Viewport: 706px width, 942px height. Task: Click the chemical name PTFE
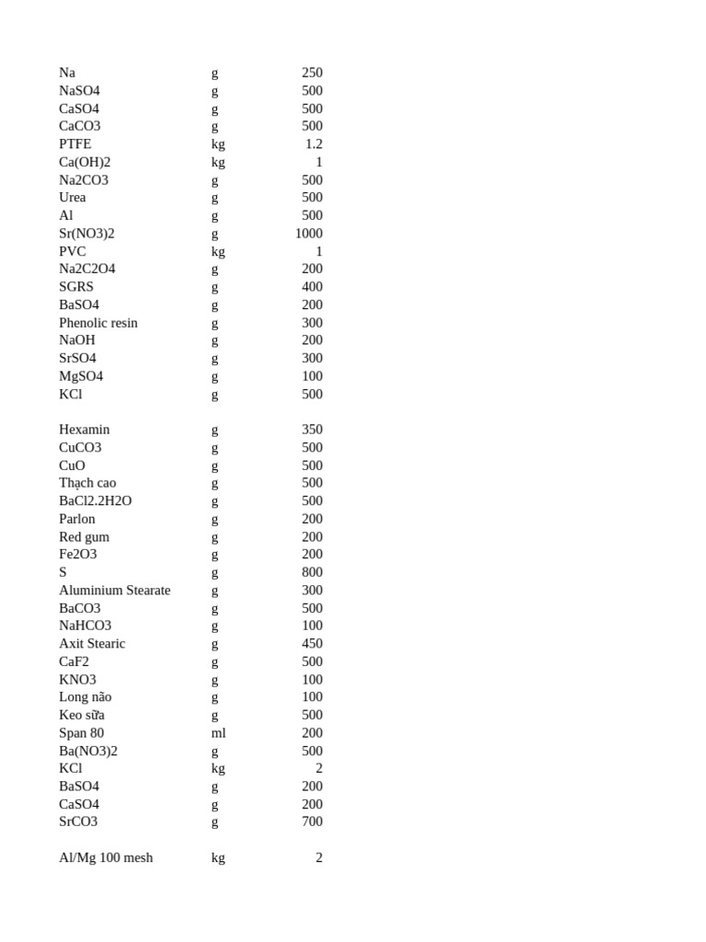75,144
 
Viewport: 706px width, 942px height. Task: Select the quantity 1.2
313,144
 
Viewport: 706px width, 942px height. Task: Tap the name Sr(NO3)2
86,233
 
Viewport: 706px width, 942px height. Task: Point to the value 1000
308,233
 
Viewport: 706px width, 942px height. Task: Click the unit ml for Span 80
218,732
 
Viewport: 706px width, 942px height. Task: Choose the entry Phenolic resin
98,322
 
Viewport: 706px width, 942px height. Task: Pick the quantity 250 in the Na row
312,73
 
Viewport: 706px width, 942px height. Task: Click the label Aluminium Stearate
115,590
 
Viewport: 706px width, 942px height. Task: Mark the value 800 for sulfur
312,572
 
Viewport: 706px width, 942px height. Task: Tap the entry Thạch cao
87,483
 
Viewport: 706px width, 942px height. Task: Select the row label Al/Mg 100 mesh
106,857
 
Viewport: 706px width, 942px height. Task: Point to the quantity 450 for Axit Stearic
312,643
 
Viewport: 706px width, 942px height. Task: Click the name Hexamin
85,430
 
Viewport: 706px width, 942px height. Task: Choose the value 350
312,430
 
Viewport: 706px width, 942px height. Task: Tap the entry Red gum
84,536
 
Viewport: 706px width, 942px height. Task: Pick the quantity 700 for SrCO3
312,821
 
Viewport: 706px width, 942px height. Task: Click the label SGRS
76,286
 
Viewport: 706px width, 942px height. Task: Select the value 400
312,286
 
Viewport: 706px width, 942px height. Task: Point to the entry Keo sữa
82,715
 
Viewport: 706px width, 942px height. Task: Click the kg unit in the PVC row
218,251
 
